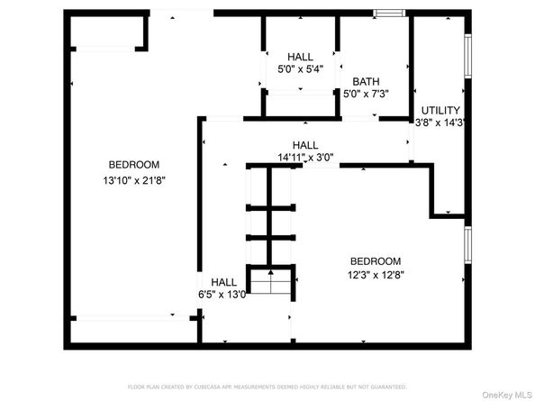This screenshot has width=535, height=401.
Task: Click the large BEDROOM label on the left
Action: (x=134, y=164)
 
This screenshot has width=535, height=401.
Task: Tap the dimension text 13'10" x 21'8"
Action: (x=134, y=179)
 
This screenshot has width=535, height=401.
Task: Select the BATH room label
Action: (x=366, y=80)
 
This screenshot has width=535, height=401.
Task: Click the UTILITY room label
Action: (x=440, y=110)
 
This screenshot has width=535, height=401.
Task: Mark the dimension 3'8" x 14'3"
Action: (x=440, y=123)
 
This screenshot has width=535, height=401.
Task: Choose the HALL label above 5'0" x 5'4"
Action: (x=301, y=56)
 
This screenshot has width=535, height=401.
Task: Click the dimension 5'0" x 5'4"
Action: (x=301, y=69)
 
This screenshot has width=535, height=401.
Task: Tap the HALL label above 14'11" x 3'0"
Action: (x=305, y=144)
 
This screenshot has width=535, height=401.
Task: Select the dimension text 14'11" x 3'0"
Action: (x=305, y=157)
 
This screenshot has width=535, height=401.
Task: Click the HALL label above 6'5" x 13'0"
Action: (x=224, y=281)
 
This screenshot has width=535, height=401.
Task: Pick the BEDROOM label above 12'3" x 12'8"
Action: (x=376, y=260)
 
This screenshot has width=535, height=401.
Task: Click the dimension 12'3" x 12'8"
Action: (x=376, y=275)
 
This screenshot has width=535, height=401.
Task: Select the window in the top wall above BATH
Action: (x=389, y=13)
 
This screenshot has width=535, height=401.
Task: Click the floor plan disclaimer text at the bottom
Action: (x=267, y=386)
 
